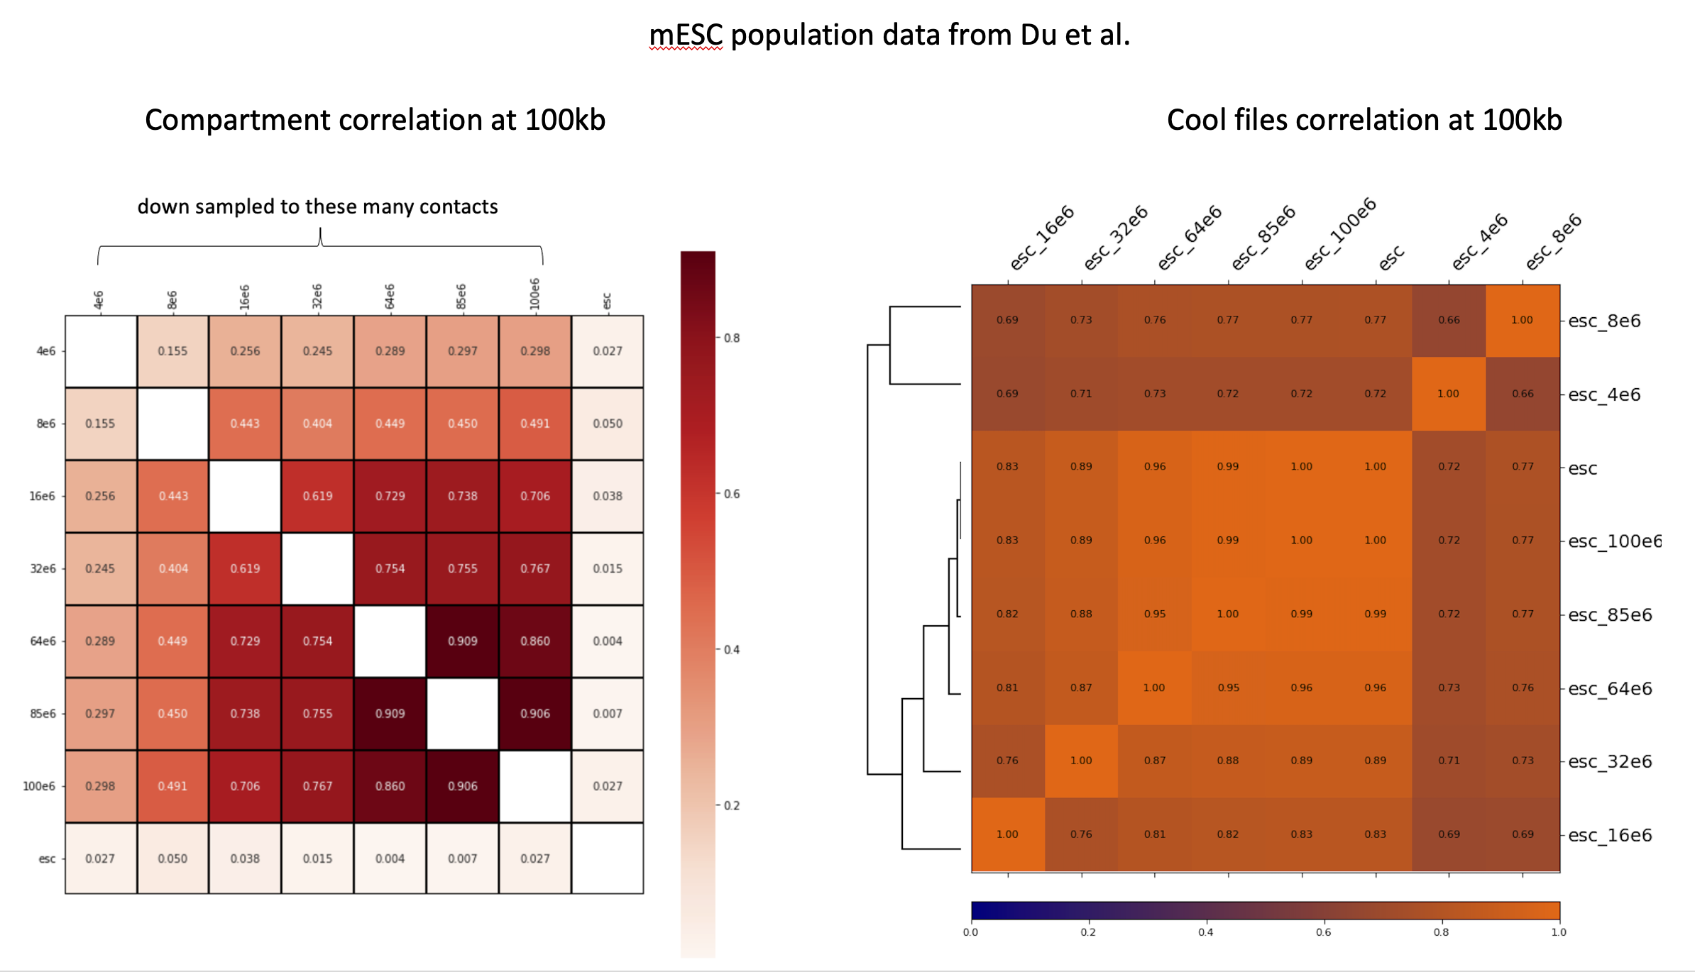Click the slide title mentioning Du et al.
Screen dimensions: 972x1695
tap(889, 35)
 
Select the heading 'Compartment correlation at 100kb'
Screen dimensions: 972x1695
tap(375, 120)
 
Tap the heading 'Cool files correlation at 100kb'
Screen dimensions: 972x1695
tap(1364, 120)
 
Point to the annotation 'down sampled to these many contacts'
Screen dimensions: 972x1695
tap(317, 206)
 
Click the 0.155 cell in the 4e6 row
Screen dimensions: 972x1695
tap(172, 351)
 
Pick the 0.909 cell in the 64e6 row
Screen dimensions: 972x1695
tap(462, 641)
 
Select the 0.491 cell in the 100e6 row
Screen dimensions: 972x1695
tap(172, 786)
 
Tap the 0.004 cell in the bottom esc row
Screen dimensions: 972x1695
tap(390, 858)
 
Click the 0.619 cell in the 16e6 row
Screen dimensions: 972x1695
tap(317, 496)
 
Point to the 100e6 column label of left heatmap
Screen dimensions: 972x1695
tap(534, 294)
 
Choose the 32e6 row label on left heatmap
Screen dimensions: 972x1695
tap(43, 568)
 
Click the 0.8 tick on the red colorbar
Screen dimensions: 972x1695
tap(732, 338)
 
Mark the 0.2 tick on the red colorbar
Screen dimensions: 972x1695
tap(732, 805)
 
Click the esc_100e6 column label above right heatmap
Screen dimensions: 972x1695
tap(1340, 234)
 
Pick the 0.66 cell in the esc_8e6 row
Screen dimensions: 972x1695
tap(1449, 320)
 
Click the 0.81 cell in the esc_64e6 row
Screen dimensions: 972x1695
tap(1007, 687)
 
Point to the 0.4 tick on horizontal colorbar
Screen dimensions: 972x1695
tap(1205, 932)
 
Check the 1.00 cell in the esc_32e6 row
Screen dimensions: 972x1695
tap(1081, 761)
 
